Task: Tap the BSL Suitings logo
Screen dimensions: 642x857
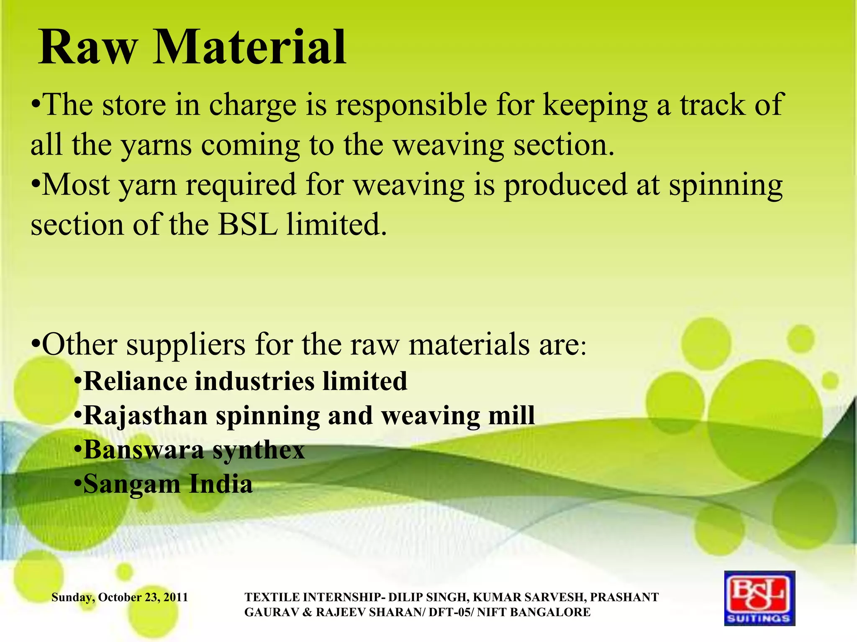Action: coord(759,598)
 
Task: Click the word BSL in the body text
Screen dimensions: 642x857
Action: coord(248,225)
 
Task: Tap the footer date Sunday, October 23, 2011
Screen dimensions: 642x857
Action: coord(120,597)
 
